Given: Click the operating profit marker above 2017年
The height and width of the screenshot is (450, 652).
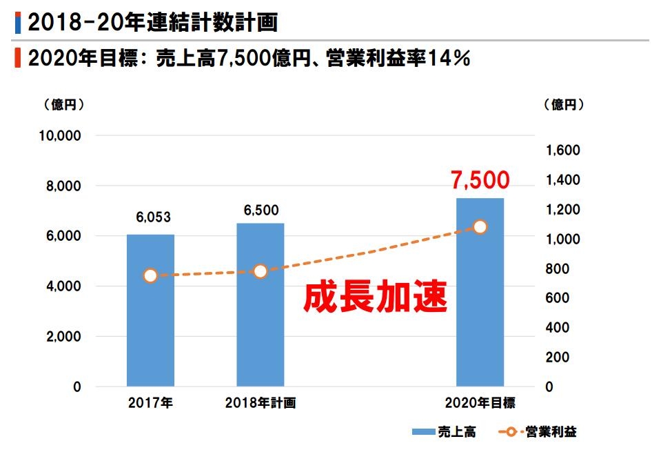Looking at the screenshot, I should [151, 275].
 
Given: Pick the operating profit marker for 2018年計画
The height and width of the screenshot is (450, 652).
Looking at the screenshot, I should [260, 271].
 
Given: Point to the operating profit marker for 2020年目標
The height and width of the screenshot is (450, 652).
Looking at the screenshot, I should [480, 227].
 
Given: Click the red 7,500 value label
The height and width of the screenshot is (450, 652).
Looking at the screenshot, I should [480, 180].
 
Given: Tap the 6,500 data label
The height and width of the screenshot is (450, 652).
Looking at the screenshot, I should [261, 211].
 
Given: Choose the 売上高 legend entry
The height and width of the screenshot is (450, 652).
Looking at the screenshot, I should [444, 432].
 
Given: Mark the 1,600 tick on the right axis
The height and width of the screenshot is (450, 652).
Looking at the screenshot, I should [562, 150].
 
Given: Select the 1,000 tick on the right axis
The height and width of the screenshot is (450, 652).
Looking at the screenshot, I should [562, 239].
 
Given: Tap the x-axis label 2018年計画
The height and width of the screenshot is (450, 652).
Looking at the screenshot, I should [260, 404].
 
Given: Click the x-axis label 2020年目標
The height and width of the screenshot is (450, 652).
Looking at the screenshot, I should [480, 404].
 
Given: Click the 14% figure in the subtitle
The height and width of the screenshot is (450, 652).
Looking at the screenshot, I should [449, 59].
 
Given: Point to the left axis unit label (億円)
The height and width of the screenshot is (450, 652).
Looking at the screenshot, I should [65, 105].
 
